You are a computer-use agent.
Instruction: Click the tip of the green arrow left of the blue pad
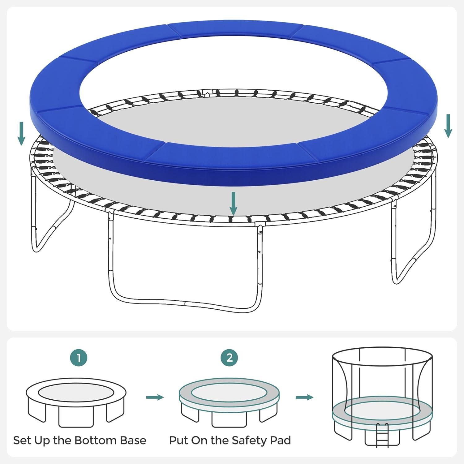[x=21, y=145]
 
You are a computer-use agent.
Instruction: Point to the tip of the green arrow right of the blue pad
[x=448, y=137]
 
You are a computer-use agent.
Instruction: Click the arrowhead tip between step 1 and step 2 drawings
[x=164, y=397]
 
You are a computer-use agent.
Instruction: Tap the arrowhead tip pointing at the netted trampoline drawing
[x=313, y=397]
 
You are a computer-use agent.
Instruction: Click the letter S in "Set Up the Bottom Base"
[x=17, y=440]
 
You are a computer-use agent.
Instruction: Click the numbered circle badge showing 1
[x=79, y=358]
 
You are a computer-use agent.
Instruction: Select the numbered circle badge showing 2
[x=229, y=358]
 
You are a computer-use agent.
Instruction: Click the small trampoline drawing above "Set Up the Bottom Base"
[x=76, y=402]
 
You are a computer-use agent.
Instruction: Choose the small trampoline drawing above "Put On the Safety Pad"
[x=229, y=402]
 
